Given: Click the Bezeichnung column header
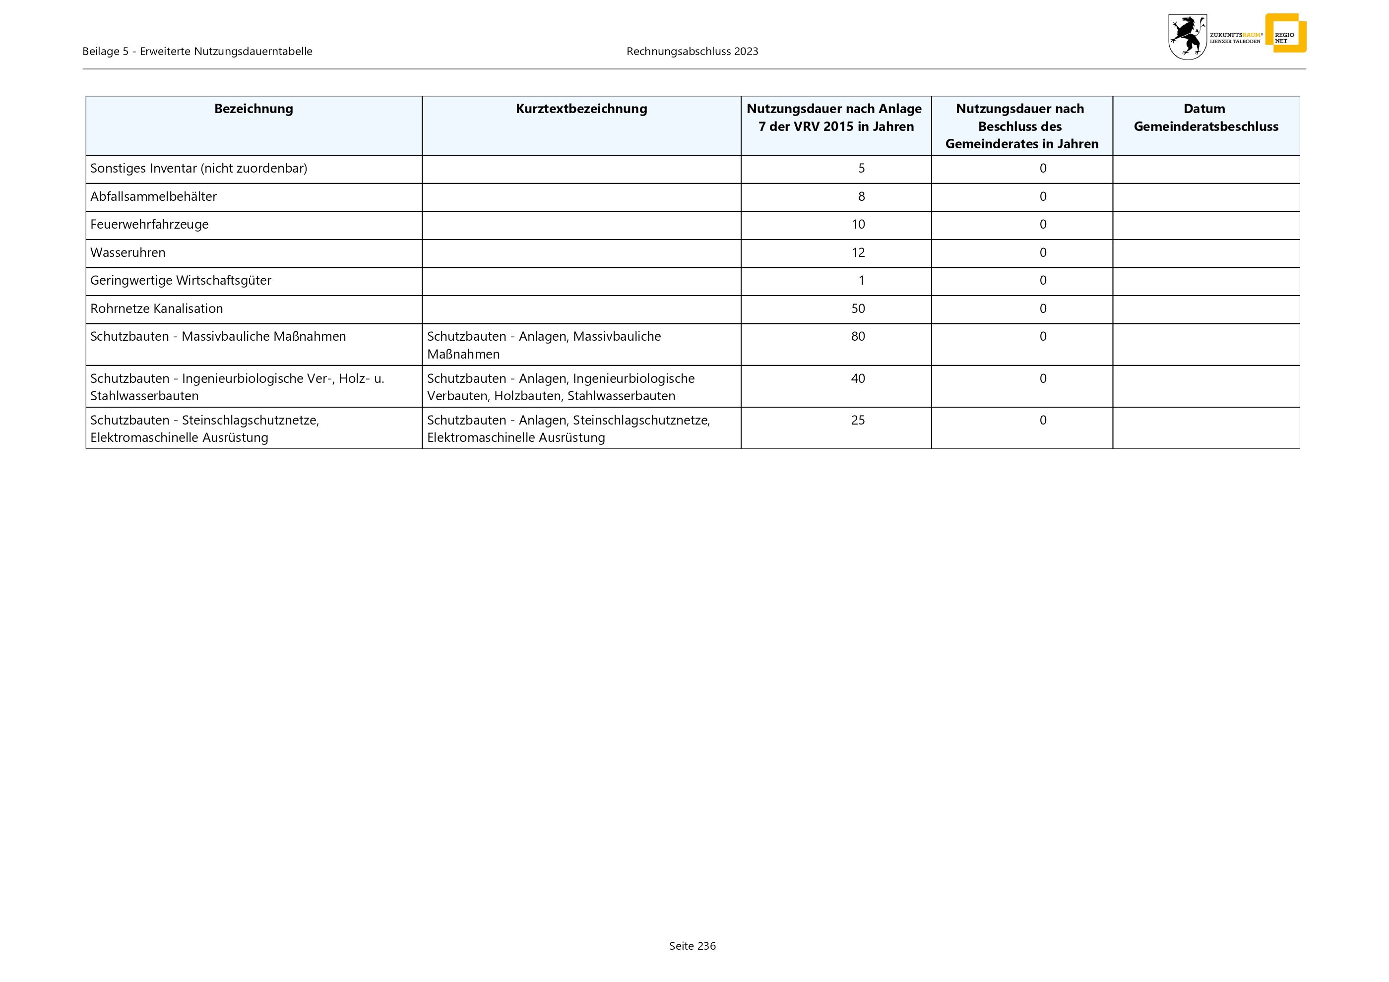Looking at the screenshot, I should tap(253, 109).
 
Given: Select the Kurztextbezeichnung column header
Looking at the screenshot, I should tap(581, 109).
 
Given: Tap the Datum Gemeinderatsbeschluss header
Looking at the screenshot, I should tap(1205, 118).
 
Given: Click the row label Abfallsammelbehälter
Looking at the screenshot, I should tap(153, 196).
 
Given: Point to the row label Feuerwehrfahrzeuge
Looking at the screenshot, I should tap(149, 224).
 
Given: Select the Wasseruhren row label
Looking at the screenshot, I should tap(127, 253).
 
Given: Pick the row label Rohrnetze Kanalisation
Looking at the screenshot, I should tap(157, 309).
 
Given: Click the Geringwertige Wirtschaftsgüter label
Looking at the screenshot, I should tap(181, 281).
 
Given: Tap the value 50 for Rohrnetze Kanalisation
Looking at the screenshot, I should tap(858, 309).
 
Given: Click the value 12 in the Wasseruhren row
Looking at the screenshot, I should tap(858, 253).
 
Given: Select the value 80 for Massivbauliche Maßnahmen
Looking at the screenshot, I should tap(858, 337).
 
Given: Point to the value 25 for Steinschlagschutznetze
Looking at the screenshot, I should tap(858, 420).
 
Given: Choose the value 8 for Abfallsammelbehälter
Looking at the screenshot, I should tap(862, 196).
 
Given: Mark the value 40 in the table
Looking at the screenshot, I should tap(858, 378).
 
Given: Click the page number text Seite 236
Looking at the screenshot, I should tap(692, 946).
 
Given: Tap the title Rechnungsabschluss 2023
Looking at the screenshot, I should tap(692, 52).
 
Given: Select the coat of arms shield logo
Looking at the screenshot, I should tap(1187, 37).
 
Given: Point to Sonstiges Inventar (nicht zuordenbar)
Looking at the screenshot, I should tap(198, 169).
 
